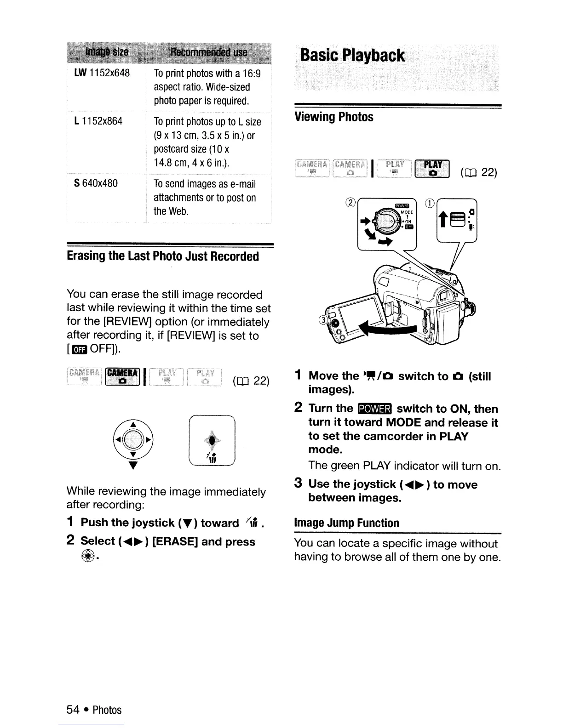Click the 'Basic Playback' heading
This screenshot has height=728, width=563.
point(352,56)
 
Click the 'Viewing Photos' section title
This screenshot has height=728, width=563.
point(333,117)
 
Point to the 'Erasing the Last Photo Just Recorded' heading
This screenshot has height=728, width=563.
point(163,256)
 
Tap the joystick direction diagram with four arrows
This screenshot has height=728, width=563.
point(134,440)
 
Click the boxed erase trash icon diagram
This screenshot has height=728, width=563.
point(212,440)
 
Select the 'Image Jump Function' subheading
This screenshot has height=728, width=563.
point(346,523)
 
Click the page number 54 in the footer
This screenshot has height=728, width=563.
point(73,710)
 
